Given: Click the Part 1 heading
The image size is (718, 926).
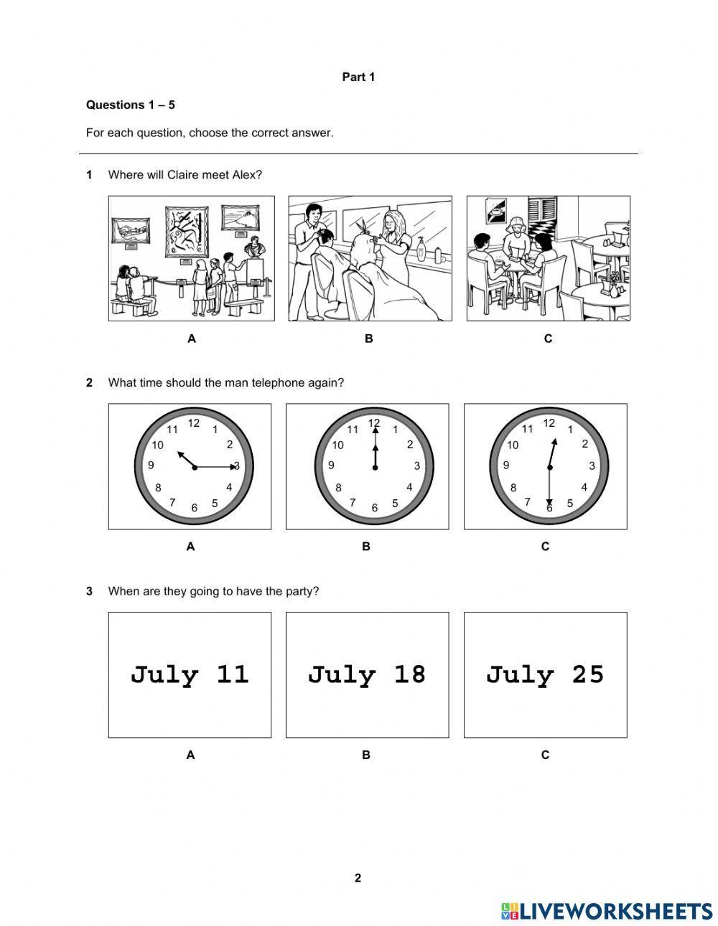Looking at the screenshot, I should (x=358, y=77).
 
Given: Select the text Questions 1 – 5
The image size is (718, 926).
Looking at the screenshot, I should (x=130, y=105).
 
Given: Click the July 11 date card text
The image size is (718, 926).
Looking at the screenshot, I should (x=190, y=675).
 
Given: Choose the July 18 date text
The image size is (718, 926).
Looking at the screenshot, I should (x=367, y=675).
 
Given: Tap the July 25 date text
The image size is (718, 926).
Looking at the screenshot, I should (x=545, y=675).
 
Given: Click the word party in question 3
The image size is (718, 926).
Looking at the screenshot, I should (x=302, y=591).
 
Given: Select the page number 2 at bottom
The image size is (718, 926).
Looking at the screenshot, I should (x=358, y=878).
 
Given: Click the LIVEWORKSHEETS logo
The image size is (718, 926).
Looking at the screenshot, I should (x=607, y=910).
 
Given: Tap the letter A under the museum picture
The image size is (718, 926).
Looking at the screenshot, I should (x=191, y=339).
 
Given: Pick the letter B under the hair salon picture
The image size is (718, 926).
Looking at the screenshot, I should (x=368, y=339).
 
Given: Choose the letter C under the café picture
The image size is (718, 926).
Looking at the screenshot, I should (x=548, y=339).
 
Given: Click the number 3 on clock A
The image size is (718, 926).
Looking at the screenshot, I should (x=236, y=466).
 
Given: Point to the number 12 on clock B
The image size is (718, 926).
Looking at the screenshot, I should (x=374, y=422).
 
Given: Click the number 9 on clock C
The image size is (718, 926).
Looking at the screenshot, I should (x=506, y=465).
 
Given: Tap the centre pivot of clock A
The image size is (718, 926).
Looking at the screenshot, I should (x=195, y=467).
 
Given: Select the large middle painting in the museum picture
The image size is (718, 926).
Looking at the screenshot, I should (x=187, y=231).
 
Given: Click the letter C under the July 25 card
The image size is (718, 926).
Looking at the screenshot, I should (x=545, y=755).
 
